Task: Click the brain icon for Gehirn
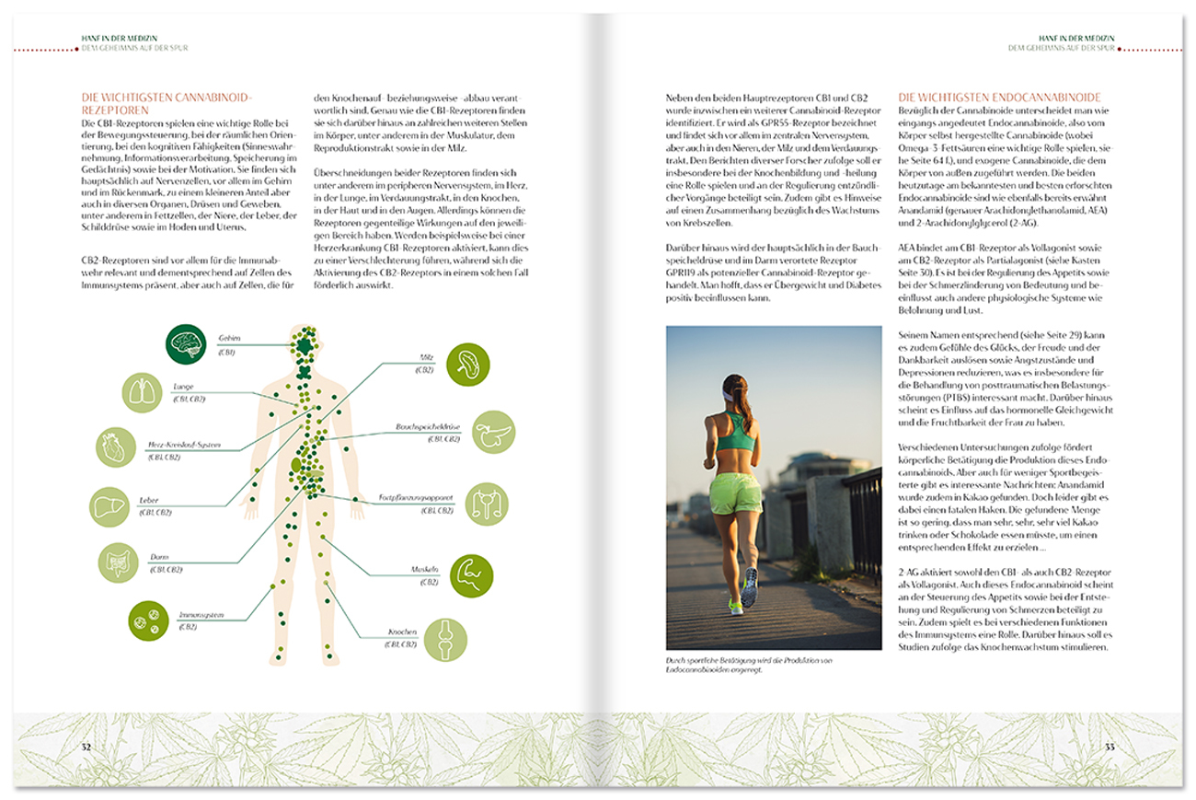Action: [x=187, y=344]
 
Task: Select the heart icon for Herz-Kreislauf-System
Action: [x=116, y=447]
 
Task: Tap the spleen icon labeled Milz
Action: [x=467, y=363]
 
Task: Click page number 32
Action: [x=86, y=747]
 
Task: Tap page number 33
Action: [x=1110, y=747]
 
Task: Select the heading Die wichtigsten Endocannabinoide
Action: [x=999, y=98]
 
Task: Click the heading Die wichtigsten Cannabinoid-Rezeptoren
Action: [x=167, y=103]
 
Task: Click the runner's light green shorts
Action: [x=736, y=493]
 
